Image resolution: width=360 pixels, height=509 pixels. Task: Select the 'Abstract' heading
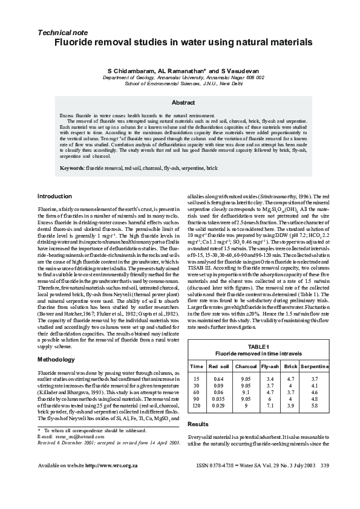183,103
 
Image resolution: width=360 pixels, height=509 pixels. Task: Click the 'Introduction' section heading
54,196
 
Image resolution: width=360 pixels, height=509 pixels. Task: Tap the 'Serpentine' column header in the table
315,366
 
